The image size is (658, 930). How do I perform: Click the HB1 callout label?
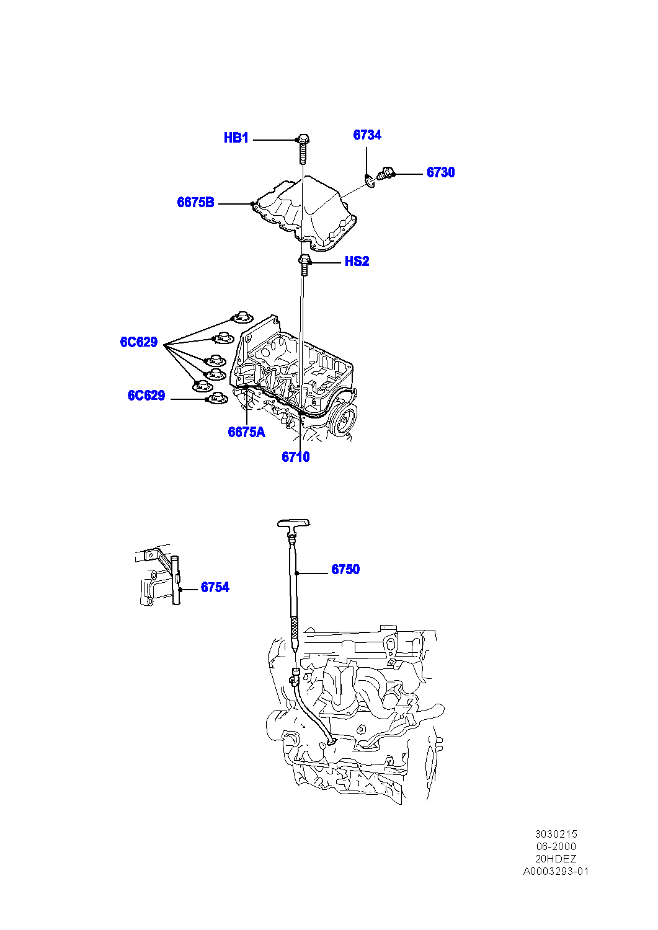pyautogui.click(x=236, y=138)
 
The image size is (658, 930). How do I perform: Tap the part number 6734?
pyautogui.click(x=367, y=135)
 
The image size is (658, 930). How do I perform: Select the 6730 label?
pyautogui.click(x=440, y=172)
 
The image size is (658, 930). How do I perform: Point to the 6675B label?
pyautogui.click(x=195, y=202)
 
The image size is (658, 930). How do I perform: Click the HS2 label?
pyautogui.click(x=357, y=262)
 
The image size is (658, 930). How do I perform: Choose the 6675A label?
pyautogui.click(x=246, y=432)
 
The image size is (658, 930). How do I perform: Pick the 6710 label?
pyautogui.click(x=295, y=457)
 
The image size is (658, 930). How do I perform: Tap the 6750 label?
pyautogui.click(x=345, y=569)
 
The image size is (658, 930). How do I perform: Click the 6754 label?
pyautogui.click(x=215, y=587)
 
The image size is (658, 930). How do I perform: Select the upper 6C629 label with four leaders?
pyautogui.click(x=139, y=342)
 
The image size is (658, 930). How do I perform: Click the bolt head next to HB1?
pyautogui.click(x=303, y=139)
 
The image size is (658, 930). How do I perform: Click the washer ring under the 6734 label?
pyautogui.click(x=370, y=180)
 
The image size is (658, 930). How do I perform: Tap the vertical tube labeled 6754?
pyautogui.click(x=176, y=580)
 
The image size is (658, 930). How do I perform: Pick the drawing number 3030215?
pyautogui.click(x=556, y=834)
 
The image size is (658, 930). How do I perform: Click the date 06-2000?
pyautogui.click(x=556, y=846)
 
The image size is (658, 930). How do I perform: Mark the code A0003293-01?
pyautogui.click(x=556, y=871)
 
